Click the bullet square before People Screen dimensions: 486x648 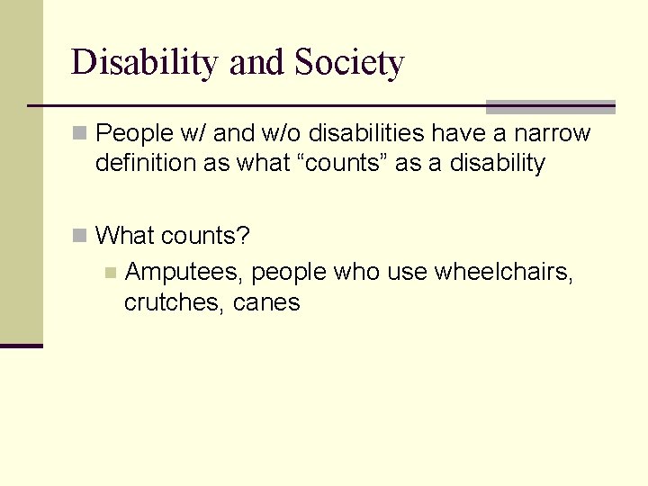(x=80, y=134)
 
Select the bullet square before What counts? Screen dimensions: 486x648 (x=80, y=236)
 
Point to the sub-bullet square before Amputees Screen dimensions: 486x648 (x=110, y=272)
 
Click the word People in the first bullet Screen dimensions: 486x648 (x=133, y=134)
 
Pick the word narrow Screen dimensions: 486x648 (x=552, y=134)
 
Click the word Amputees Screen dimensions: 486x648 (x=184, y=272)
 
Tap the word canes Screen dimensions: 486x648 (x=266, y=302)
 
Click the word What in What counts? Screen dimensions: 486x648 (x=125, y=236)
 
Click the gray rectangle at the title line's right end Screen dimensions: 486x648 (x=550, y=106)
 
